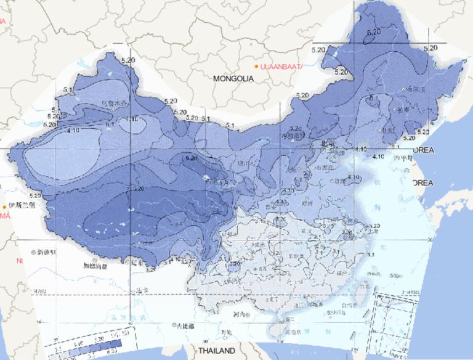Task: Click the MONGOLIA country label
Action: point(233,78)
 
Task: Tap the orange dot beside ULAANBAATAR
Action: point(257,66)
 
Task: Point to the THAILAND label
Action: point(217,351)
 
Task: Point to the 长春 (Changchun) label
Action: point(403,110)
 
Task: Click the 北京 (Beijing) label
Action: point(328,144)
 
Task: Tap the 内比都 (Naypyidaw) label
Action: point(184,325)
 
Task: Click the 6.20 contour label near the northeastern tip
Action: point(373,30)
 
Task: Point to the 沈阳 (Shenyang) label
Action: point(388,131)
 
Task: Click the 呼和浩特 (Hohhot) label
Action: point(293,135)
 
